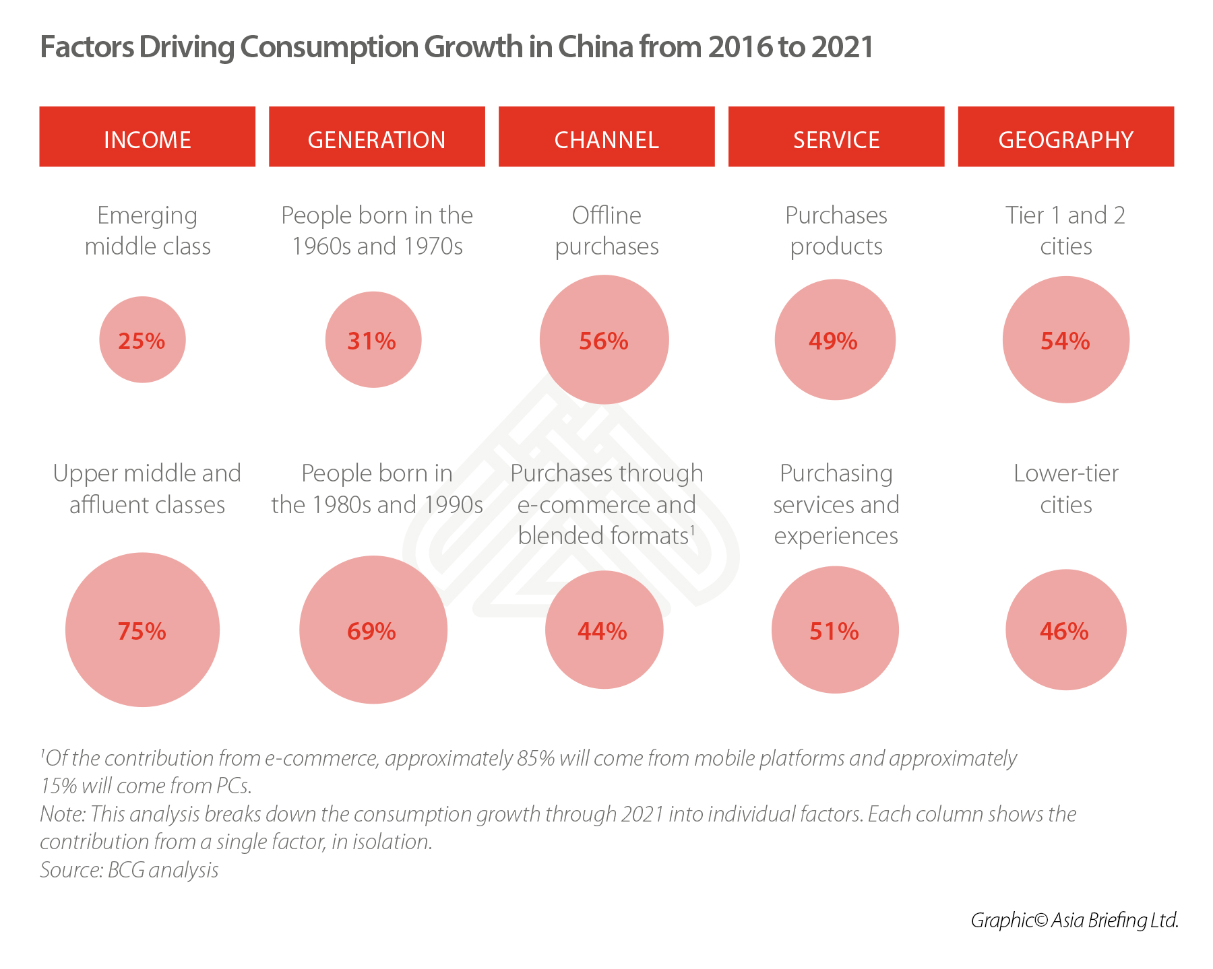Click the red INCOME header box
147,137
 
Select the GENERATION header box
377,137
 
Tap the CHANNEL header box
606,137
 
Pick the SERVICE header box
836,137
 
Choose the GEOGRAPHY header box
1065,137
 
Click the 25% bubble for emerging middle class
142,340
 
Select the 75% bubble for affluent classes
142,630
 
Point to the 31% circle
373,340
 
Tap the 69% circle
373,630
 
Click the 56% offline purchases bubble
604,340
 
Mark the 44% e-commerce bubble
604,630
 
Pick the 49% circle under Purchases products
835,340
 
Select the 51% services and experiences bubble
835,630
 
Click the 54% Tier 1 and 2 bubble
1065,340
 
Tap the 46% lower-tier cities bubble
1065,630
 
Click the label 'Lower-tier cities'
1065,489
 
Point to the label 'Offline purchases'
606,231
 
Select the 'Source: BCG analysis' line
129,870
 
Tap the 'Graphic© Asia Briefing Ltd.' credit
1074,920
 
